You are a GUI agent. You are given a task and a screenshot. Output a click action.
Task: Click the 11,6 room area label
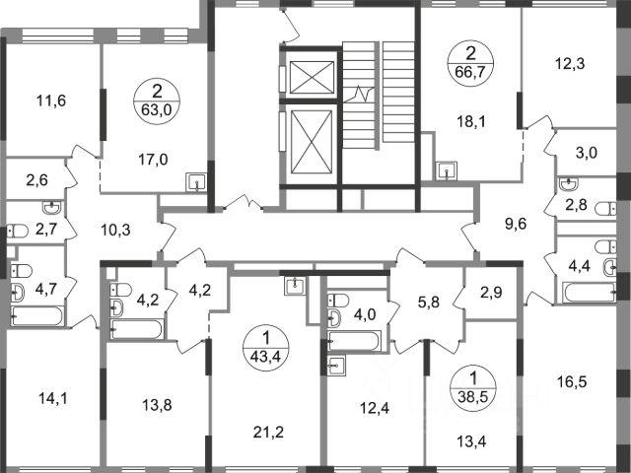coord(51,101)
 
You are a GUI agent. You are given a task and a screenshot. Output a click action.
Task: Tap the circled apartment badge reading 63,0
coord(157,101)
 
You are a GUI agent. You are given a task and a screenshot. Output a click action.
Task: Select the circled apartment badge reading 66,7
coord(471,64)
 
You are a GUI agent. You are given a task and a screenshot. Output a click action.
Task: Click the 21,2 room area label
coord(268,433)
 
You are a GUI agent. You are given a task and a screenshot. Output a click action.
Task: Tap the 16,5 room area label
coord(572,381)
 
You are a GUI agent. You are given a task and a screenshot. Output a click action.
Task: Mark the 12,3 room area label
coord(570,63)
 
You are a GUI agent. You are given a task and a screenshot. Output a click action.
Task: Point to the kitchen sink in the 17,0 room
coord(196,182)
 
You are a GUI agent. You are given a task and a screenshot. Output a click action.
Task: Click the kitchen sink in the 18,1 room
coord(447,170)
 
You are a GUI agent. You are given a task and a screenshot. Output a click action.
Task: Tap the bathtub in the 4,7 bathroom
coord(37,316)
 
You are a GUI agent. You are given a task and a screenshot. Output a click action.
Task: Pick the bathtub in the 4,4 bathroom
coord(590,293)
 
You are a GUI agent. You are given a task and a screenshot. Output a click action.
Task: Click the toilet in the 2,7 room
coord(18,232)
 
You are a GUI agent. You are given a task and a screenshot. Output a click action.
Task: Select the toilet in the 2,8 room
coord(605,209)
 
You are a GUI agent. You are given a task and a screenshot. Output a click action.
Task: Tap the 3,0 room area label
coord(587,153)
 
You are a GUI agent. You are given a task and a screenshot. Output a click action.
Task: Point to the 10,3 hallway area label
coord(115,231)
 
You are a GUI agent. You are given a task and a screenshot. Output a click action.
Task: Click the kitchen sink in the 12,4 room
coord(336,366)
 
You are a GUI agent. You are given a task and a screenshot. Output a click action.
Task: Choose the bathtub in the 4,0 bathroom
coord(355,341)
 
